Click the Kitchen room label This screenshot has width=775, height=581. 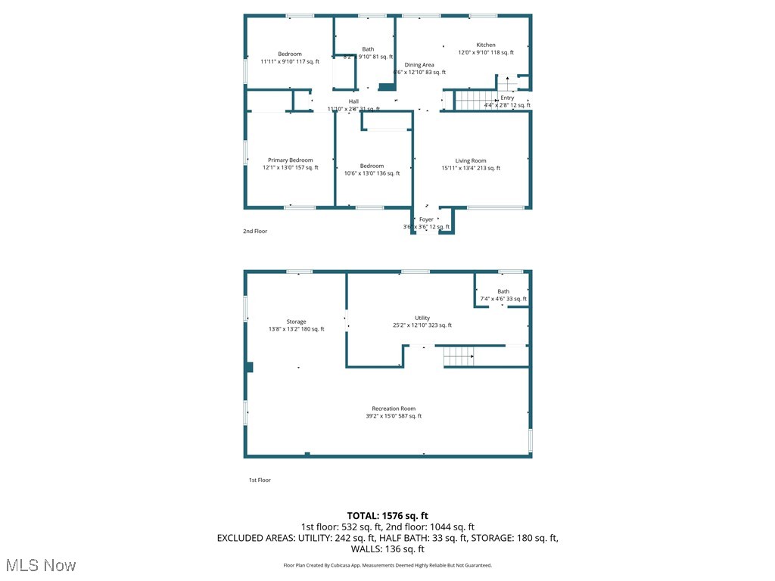(x=486, y=45)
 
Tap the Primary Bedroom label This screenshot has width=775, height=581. (x=290, y=160)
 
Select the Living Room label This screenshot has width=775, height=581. (x=470, y=160)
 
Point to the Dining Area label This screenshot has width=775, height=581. (x=419, y=65)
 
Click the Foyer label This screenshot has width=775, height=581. (x=426, y=219)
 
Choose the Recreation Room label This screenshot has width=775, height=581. (x=393, y=409)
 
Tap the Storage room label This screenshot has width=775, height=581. (x=296, y=322)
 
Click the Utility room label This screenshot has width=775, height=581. (x=422, y=318)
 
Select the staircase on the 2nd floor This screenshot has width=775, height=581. (x=475, y=99)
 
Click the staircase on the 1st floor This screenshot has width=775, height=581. (x=459, y=356)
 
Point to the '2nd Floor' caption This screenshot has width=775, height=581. (x=255, y=231)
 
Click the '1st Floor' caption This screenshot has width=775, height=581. (x=260, y=480)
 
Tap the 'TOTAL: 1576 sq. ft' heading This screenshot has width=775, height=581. (x=387, y=515)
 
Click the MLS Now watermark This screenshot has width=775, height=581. (x=40, y=565)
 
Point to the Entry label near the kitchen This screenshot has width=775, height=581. (x=507, y=98)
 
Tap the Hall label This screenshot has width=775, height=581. (x=353, y=101)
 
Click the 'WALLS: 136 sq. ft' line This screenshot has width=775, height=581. (x=387, y=549)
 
